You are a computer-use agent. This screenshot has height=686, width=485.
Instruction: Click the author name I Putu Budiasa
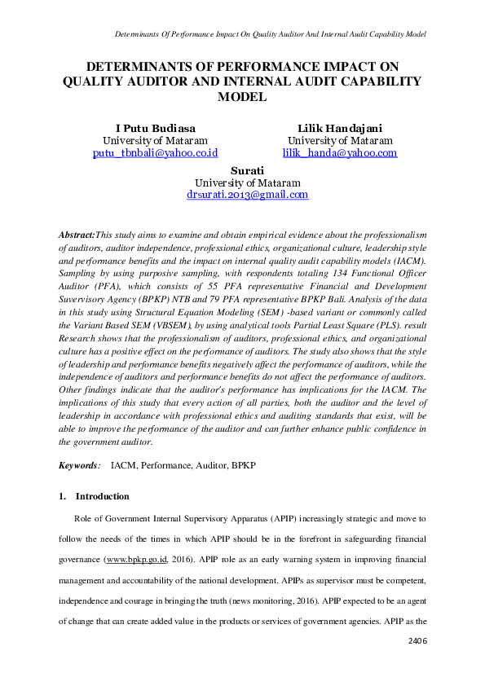point(155,128)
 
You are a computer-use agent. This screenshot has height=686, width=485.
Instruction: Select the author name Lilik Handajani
point(340,128)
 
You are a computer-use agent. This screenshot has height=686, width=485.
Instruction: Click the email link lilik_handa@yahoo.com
point(340,152)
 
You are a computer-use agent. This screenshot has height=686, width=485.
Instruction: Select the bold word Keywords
point(78,465)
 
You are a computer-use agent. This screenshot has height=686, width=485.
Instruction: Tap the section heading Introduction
point(102,496)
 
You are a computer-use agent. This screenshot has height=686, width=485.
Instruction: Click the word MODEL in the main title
point(242,97)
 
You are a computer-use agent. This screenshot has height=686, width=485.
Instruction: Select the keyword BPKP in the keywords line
point(242,465)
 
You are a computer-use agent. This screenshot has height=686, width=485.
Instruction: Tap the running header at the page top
point(262,34)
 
